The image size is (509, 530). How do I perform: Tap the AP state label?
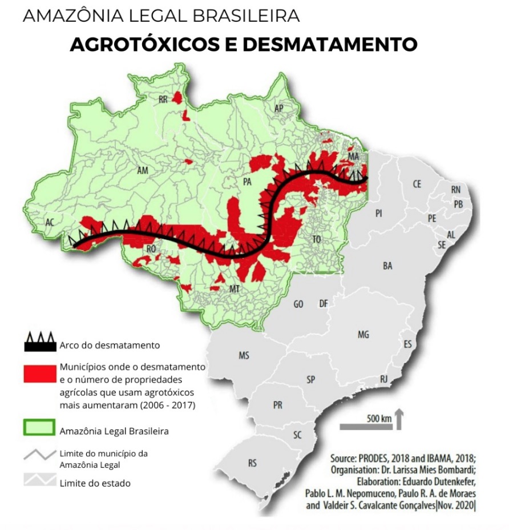[x=279, y=109]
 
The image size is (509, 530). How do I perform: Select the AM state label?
[x=143, y=170]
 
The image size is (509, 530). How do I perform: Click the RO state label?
[x=151, y=249]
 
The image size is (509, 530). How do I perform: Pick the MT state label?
[x=234, y=289]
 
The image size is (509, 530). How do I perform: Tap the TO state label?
[x=317, y=239]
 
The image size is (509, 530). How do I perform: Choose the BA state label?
[x=388, y=266]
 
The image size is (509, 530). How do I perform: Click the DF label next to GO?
[x=324, y=304]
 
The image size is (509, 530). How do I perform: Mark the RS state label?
[x=252, y=463]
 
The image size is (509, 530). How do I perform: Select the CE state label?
[x=417, y=184]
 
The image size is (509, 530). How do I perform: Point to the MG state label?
[x=363, y=335]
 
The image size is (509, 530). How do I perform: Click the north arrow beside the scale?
[x=399, y=419]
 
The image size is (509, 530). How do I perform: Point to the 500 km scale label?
[x=379, y=418]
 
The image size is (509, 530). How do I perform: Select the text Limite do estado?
[x=95, y=483]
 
